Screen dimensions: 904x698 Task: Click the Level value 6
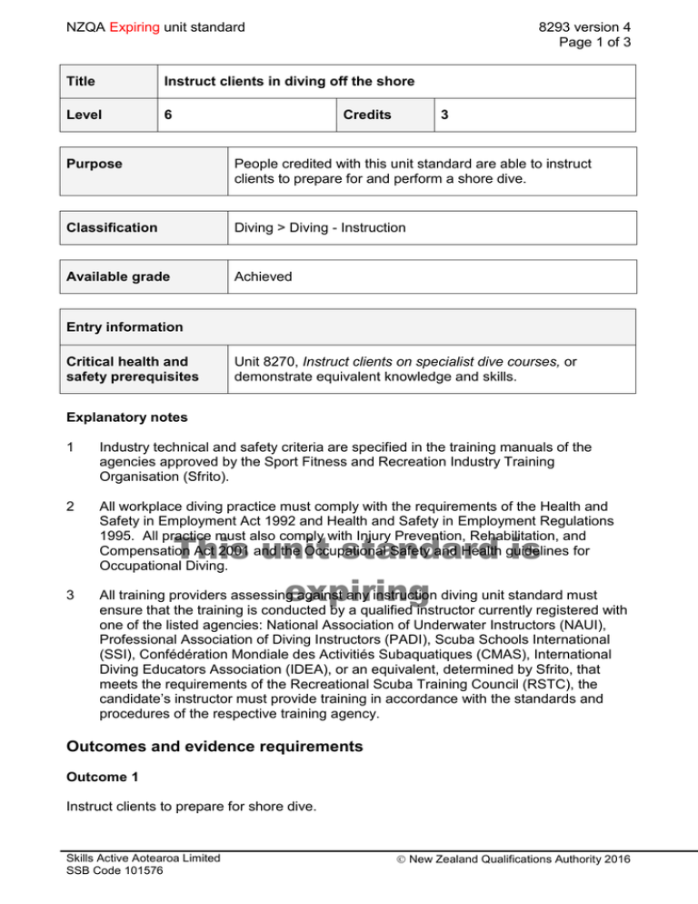(168, 116)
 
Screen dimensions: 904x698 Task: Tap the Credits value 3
(444, 116)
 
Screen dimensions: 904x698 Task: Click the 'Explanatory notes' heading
(124, 419)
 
